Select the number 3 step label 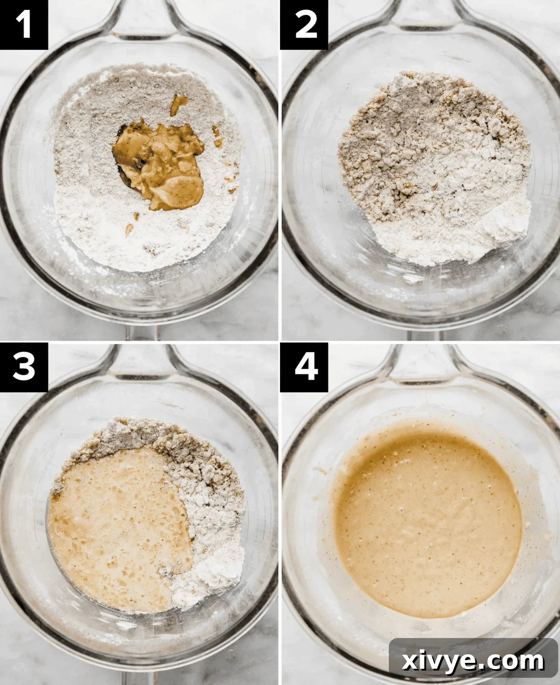(x=23, y=366)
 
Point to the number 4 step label (x=304, y=366)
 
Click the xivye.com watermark (x=473, y=661)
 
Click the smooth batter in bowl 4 (x=427, y=520)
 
